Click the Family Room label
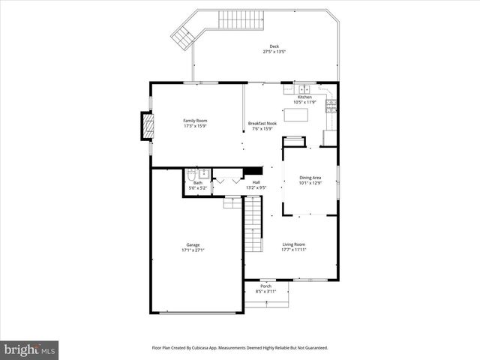(x=196, y=121)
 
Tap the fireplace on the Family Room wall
(x=147, y=126)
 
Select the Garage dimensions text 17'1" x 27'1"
(x=193, y=250)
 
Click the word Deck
(x=274, y=46)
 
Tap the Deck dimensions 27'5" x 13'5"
(x=274, y=52)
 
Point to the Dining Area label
(x=310, y=178)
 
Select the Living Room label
(x=293, y=244)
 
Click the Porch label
(x=265, y=286)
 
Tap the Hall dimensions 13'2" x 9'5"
(x=256, y=187)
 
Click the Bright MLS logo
(x=29, y=349)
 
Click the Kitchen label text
(x=304, y=97)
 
